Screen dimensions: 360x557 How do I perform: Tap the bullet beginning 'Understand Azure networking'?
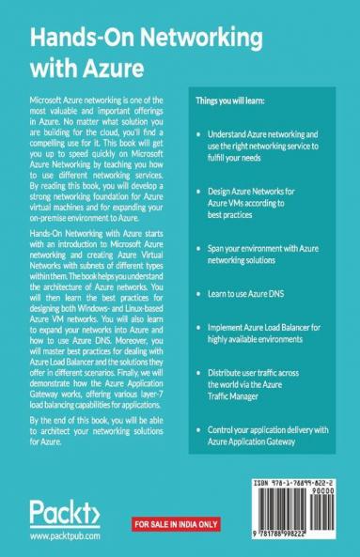[273, 142]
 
